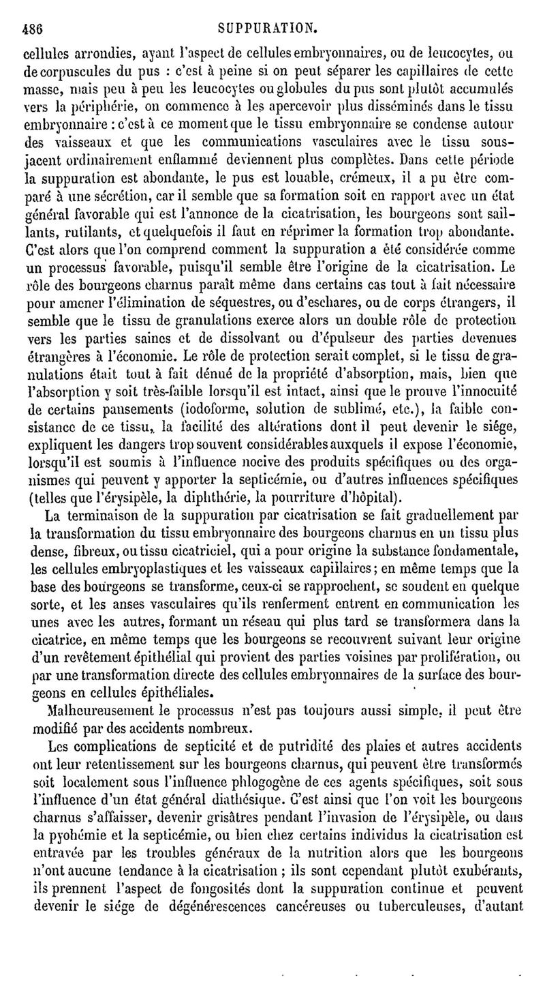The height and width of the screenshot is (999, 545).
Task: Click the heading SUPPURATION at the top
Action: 267,10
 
